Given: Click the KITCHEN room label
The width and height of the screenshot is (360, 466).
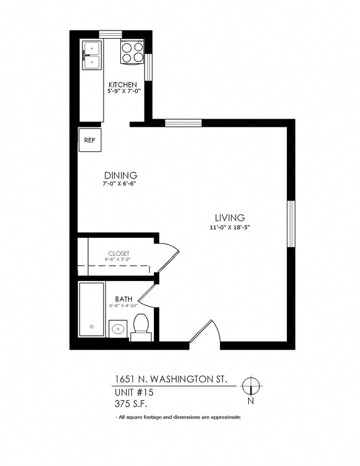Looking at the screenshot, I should point(122,85).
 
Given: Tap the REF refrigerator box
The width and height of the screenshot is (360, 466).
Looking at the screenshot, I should point(89,140).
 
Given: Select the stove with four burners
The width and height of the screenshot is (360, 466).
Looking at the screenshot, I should point(132,52).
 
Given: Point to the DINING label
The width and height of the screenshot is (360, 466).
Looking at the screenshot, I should point(121,176).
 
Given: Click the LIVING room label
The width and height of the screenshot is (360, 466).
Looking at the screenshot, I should point(230,218).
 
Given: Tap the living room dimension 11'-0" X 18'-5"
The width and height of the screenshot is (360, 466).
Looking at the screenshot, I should point(230,227).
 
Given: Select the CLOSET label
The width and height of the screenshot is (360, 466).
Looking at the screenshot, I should point(119,253).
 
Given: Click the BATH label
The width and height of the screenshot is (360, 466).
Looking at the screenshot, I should point(124,299).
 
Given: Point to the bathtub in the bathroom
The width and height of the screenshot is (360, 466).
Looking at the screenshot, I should point(91,309).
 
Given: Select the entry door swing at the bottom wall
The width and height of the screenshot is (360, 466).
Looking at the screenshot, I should point(206,334).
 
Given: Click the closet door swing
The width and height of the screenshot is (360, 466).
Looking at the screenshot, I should point(168,257).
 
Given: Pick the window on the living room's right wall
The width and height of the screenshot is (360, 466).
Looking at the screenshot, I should point(290,223).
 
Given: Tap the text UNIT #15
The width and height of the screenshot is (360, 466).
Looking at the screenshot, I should point(133,392).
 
